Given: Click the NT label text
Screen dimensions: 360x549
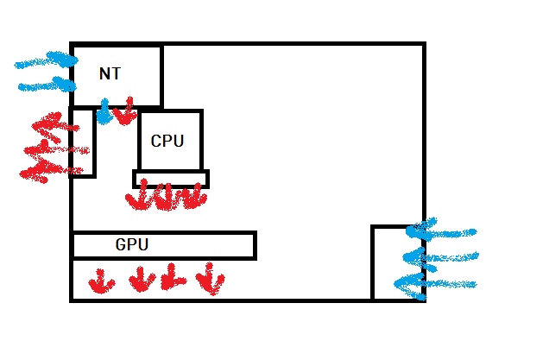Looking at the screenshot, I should (x=110, y=74).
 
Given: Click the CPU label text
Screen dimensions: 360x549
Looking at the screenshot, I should (x=167, y=141).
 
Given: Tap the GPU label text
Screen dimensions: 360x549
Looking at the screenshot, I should (x=132, y=245).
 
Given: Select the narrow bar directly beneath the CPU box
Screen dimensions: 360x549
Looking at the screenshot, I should (x=171, y=179).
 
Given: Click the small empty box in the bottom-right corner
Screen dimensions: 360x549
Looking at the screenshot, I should (x=397, y=262).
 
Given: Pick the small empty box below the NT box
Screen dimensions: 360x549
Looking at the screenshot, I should (x=83, y=142).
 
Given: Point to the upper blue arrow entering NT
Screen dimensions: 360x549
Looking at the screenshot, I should (x=47, y=61).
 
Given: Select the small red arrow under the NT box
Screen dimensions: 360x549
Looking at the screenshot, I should (x=126, y=111).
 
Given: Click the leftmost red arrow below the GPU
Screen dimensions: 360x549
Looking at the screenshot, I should (x=102, y=281).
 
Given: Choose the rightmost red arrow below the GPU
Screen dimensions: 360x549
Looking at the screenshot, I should (x=210, y=279).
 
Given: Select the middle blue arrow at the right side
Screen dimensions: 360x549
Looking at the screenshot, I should (x=444, y=257).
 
